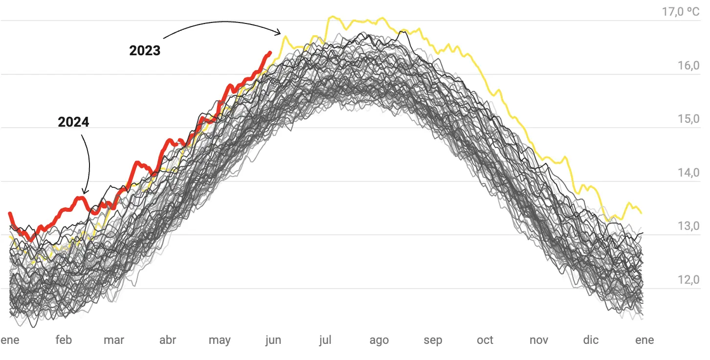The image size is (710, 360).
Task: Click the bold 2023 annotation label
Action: tap(145, 50)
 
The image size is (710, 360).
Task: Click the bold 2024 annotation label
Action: tap(73, 122)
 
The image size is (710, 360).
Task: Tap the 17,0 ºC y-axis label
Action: tap(681, 11)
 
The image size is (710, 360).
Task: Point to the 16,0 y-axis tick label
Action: tap(688, 66)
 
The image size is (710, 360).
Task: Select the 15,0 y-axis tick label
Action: tap(688, 119)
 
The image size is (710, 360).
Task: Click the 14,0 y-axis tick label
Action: tap(688, 173)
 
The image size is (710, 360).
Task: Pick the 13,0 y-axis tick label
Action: tap(688, 226)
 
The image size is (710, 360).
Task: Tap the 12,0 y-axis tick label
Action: tap(688, 280)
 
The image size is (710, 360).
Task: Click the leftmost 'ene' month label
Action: tap(10, 340)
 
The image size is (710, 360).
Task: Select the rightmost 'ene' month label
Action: tap(644, 340)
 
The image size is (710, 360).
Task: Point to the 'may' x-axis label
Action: tap(220, 340)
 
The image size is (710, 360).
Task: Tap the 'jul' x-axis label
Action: tap(325, 340)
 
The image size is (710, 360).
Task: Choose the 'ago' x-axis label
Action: tap(379, 340)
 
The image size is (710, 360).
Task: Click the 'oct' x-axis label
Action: tap(485, 340)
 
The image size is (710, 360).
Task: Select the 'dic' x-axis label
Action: tap(591, 340)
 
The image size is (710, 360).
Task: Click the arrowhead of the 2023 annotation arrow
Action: tap(280, 33)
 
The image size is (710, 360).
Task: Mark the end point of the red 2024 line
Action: tap(270, 52)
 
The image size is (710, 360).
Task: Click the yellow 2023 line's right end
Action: tap(641, 213)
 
